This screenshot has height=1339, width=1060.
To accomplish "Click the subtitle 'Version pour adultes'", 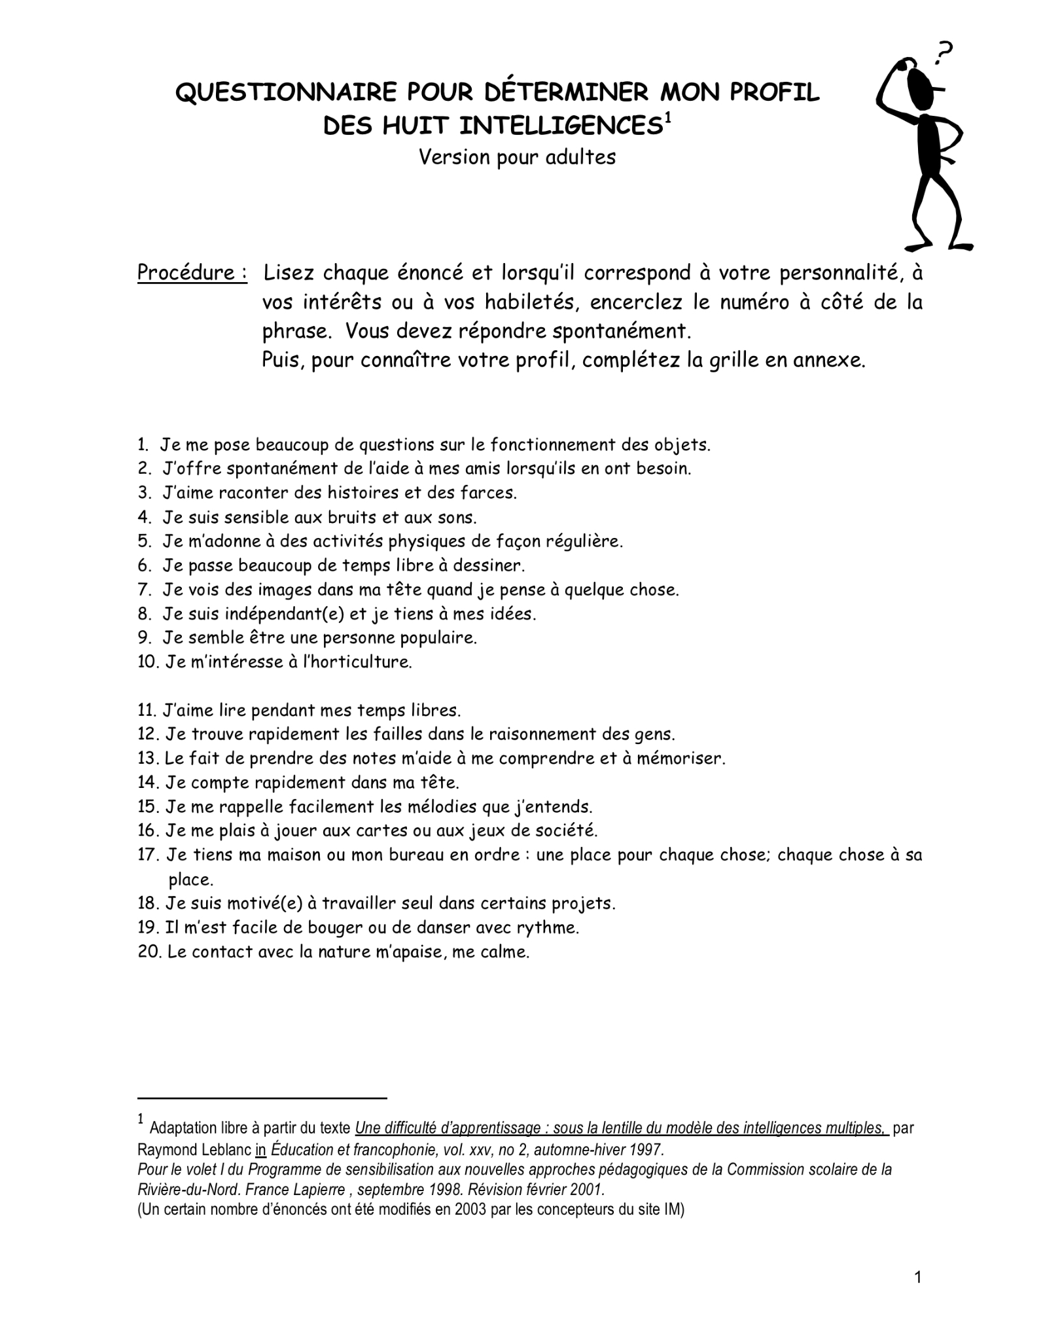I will [517, 158].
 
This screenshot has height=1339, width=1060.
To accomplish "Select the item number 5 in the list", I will [144, 542].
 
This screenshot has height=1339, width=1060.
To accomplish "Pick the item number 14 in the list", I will [147, 783].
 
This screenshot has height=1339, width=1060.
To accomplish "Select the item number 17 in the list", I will [147, 855].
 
